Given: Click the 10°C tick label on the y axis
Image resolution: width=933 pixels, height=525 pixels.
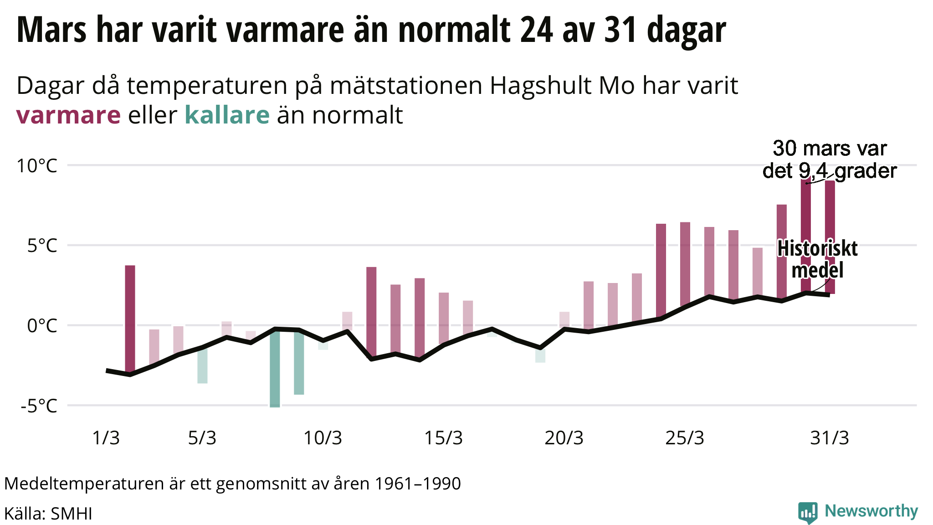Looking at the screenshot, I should coord(37,166).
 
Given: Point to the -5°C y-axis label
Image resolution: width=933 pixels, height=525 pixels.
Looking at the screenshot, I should coord(39,406).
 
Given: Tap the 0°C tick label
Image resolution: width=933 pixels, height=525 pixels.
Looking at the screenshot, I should coord(42,326).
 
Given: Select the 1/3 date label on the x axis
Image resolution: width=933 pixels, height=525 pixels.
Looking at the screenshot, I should coord(106,438).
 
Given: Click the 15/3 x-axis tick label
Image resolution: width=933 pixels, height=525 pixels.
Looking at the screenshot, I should coord(443,438).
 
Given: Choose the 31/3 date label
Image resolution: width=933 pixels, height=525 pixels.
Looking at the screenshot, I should coord(830,438).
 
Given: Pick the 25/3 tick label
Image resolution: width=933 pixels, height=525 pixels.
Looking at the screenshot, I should coord(685,438).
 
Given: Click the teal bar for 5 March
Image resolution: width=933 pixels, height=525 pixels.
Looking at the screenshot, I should coord(202,365).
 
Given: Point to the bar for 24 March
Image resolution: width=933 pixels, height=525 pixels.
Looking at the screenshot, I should coord(661,271).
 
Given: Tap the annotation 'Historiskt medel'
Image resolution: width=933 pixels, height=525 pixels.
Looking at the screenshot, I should coord(817,259).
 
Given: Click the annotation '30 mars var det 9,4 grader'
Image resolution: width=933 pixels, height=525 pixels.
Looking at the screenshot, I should coord(830,160).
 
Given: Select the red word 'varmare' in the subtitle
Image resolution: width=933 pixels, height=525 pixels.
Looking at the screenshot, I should coord(68,115).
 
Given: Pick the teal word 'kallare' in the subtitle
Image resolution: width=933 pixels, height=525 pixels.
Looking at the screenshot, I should coord(227,115).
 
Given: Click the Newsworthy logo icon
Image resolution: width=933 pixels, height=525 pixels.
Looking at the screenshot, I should coord(807,512).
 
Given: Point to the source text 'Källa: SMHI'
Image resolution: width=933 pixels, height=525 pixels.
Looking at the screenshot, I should coord(48,514).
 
